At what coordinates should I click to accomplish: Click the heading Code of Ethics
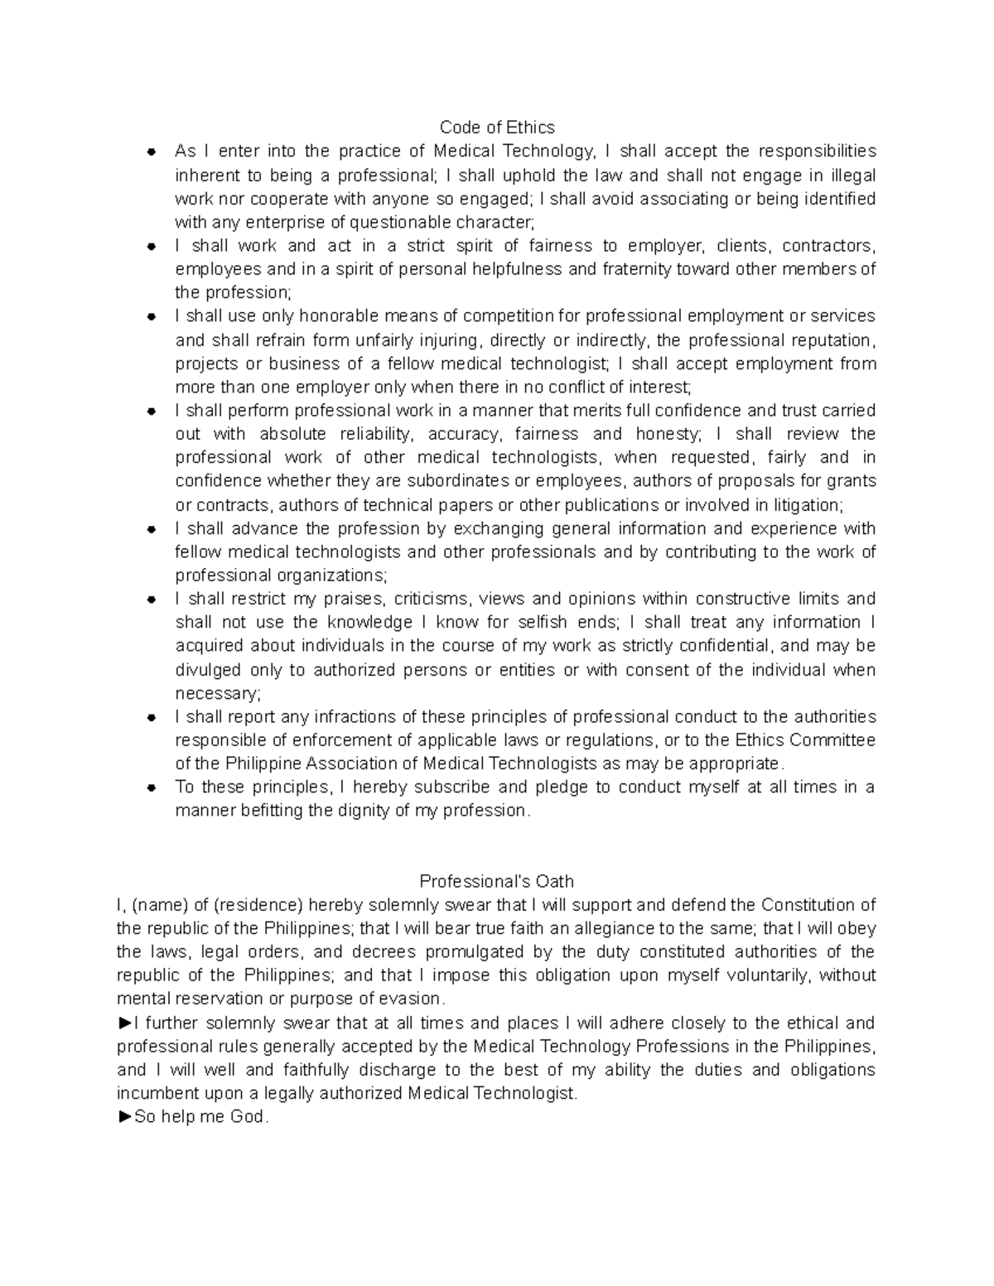497,128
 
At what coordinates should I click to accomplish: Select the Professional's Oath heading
497,881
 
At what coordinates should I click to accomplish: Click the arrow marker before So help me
125,1117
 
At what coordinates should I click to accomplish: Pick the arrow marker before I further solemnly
125,1023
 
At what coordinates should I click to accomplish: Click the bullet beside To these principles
152,787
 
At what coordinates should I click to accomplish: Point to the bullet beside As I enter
152,152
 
